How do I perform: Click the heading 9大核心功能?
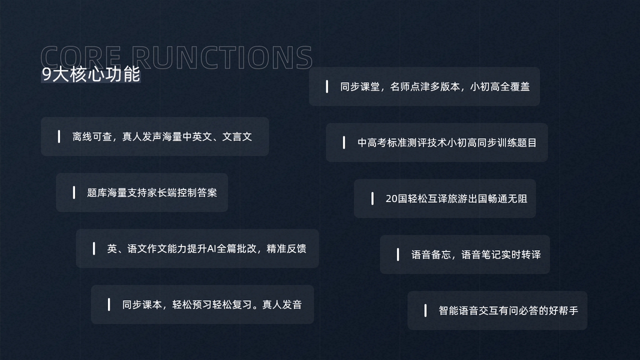pos(91,74)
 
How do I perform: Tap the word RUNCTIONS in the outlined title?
pos(221,58)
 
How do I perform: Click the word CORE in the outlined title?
pos(81,58)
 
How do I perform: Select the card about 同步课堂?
pos(424,86)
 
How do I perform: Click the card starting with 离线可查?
pos(155,137)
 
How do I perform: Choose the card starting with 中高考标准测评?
pos(437,143)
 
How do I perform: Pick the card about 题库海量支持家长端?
pos(142,193)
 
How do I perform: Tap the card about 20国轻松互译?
pos(444,199)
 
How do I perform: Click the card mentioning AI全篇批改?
pos(197,248)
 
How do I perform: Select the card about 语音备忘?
pos(465,255)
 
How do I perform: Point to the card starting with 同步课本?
pos(202,305)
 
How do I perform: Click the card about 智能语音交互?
pos(497,311)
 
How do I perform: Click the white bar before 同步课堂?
pos(327,86)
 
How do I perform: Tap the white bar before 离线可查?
pos(59,137)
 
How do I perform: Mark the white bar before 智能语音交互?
pos(425,311)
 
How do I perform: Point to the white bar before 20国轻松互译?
pos(372,199)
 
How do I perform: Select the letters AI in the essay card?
pos(211,248)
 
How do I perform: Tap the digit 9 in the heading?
pos(47,74)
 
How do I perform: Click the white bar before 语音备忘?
pos(398,255)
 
